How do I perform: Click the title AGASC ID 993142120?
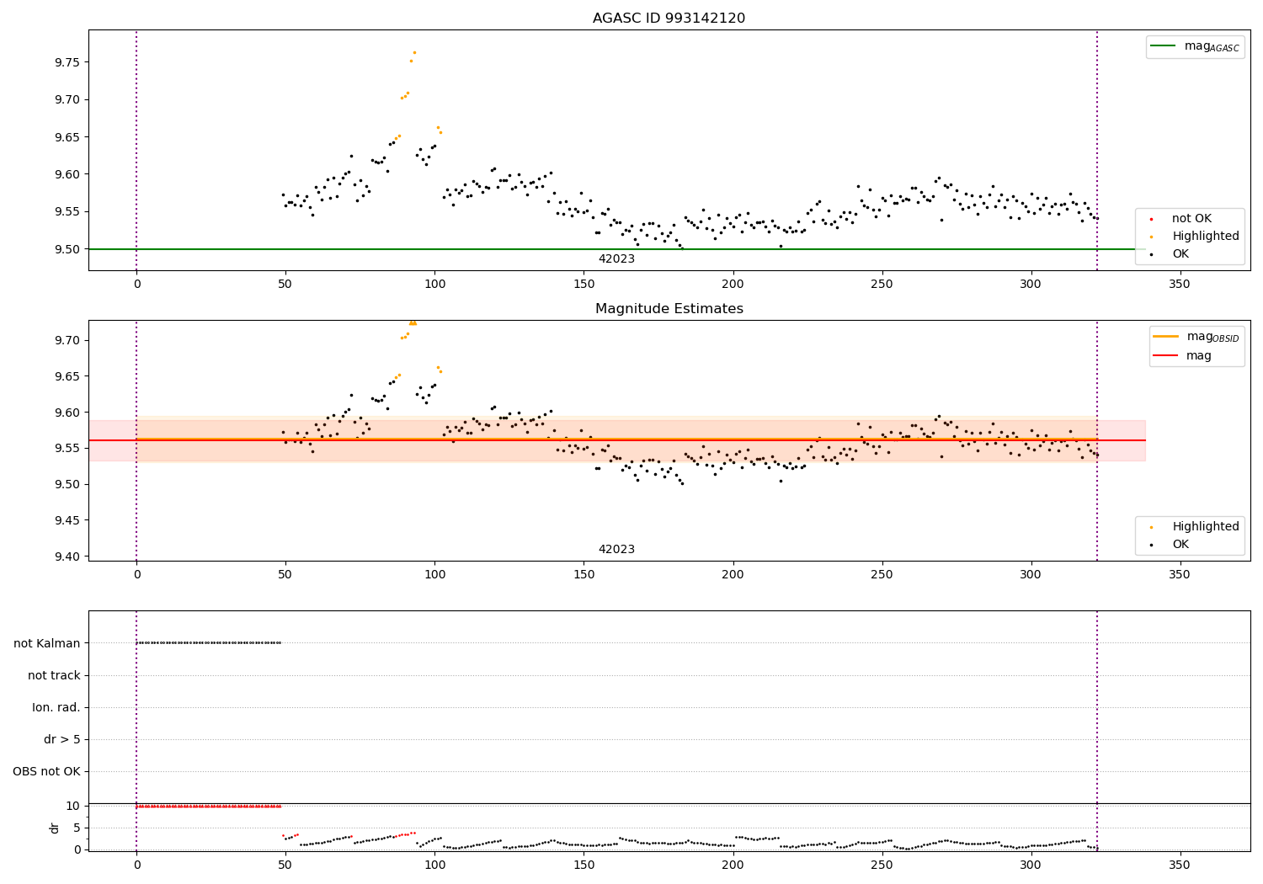pos(669,19)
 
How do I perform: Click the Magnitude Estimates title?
pos(669,309)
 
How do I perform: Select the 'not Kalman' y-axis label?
pos(47,643)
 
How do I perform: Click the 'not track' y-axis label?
pos(54,675)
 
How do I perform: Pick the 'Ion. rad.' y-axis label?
pos(56,707)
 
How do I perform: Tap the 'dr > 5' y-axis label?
pos(62,739)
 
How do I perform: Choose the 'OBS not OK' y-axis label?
pos(46,771)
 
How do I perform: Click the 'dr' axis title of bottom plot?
pos(55,828)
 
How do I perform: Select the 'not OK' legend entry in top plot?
pos(1191,219)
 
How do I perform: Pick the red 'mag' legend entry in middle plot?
pos(1198,356)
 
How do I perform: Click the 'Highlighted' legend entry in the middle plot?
pos(1205,527)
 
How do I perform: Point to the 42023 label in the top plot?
pos(616,259)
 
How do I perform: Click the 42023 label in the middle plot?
pos(616,550)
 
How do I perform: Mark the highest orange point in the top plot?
pos(414,52)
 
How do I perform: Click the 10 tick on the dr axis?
pos(72,806)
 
